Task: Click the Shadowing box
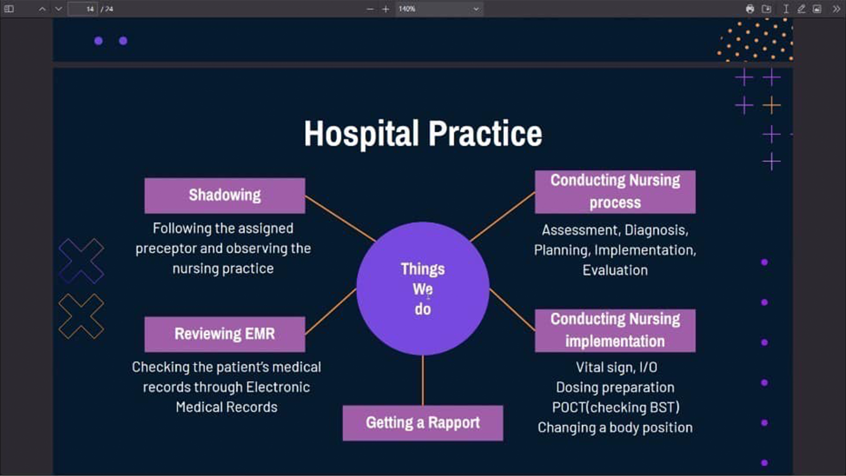click(x=225, y=196)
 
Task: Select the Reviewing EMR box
click(x=225, y=334)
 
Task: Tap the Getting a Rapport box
click(x=423, y=423)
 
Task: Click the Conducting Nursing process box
click(x=615, y=192)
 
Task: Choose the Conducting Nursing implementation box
click(x=615, y=331)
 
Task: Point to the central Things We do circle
click(x=423, y=289)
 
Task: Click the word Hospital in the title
click(x=361, y=134)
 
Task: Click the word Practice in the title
click(x=485, y=134)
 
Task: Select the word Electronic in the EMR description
click(x=278, y=387)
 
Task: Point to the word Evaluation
click(x=615, y=270)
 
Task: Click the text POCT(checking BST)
click(x=616, y=407)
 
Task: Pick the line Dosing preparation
click(x=615, y=387)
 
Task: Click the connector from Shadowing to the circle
click(x=340, y=219)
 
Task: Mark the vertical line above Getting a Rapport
click(x=423, y=380)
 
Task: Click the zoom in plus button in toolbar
click(x=386, y=9)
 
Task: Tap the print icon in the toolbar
click(x=750, y=9)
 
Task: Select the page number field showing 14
click(x=83, y=9)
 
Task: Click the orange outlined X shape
click(x=81, y=316)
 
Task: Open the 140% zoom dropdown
click(x=439, y=9)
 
